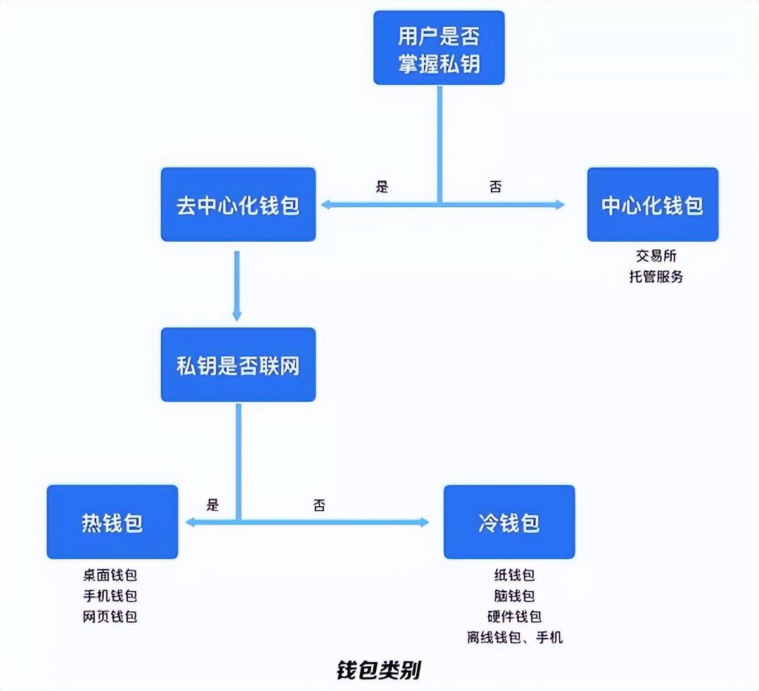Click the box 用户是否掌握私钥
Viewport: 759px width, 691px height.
[x=438, y=48]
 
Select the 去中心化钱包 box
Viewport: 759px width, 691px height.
[x=238, y=204]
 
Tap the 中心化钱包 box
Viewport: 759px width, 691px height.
[x=652, y=204]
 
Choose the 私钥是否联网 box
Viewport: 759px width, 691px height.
[x=238, y=364]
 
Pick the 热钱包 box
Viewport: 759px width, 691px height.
[x=112, y=522]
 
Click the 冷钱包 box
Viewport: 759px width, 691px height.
[x=509, y=522]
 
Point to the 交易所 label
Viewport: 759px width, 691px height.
[x=656, y=256]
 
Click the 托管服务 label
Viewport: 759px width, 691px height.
[x=656, y=277]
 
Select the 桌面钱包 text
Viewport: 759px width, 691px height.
[x=110, y=575]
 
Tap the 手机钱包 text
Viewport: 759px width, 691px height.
[x=110, y=596]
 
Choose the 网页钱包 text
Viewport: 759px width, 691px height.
[x=110, y=616]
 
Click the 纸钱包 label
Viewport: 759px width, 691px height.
[x=514, y=575]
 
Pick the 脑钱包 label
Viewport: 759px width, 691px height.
[x=514, y=596]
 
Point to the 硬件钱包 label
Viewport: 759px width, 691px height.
[x=514, y=616]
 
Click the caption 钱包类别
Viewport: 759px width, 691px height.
[x=378, y=669]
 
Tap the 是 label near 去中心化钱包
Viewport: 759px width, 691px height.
[x=382, y=187]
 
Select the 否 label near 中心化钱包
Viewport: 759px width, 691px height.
[x=495, y=187]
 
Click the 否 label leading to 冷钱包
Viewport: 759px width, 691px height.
[x=319, y=505]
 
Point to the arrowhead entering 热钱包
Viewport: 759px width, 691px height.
[x=189, y=522]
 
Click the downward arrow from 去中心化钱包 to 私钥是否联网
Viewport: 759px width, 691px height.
[x=237, y=285]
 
